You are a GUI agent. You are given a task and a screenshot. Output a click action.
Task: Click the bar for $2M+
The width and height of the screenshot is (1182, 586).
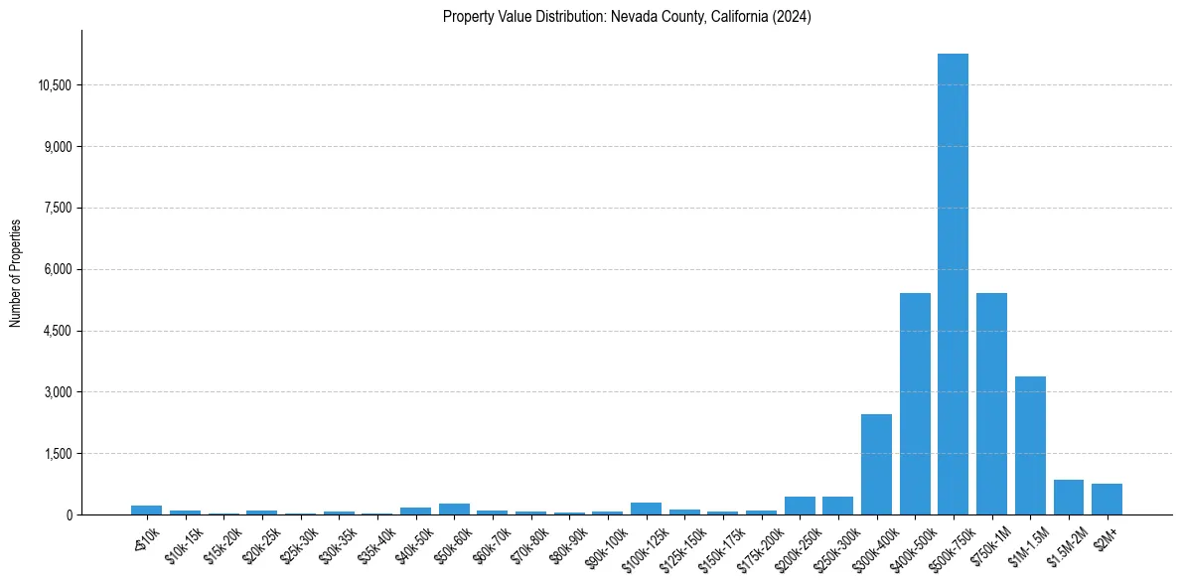pos(1107,499)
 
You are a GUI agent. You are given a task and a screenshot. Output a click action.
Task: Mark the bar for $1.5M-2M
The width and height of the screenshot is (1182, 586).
pos(1069,497)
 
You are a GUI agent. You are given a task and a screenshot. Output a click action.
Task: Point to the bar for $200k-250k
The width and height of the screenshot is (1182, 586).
pos(800,506)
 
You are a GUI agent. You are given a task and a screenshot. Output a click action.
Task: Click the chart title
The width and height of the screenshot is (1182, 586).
pos(627,17)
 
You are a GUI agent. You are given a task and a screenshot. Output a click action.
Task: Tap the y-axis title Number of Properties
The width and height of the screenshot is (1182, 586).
pos(16,272)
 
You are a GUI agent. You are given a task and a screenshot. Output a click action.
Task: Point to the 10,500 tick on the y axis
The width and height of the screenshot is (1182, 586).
pos(55,85)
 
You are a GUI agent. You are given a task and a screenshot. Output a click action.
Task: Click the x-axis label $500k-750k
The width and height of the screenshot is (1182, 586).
pos(948,546)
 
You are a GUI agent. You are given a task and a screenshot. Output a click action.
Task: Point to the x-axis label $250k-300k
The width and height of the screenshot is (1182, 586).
pos(832,546)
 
